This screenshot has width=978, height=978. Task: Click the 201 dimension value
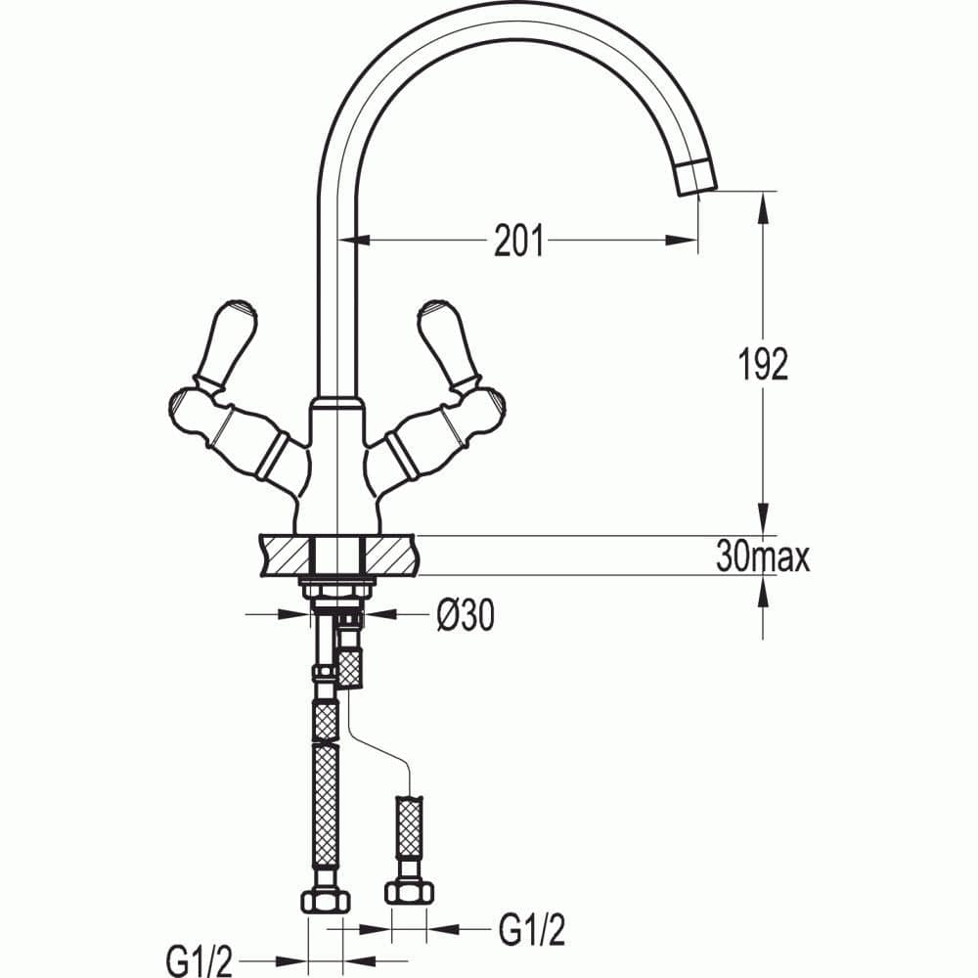click(x=518, y=241)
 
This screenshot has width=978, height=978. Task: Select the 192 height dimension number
click(x=762, y=364)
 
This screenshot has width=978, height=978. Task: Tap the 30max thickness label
click(x=763, y=557)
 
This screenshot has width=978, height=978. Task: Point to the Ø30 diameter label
click(x=466, y=615)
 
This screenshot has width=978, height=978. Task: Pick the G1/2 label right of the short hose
click(x=532, y=930)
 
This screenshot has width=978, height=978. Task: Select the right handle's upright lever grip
click(x=449, y=342)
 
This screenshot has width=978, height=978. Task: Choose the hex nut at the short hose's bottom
click(x=410, y=891)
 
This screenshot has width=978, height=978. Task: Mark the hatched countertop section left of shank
click(x=284, y=555)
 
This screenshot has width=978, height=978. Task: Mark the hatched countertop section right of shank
click(x=390, y=555)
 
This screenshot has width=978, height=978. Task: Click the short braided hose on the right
click(x=410, y=826)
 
